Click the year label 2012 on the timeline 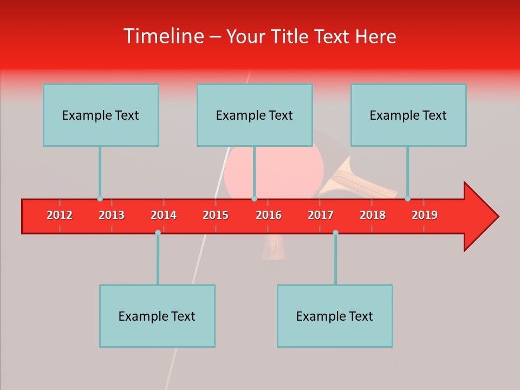[60, 215]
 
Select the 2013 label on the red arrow [112, 215]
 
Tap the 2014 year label [164, 215]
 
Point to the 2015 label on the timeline [216, 215]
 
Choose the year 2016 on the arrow [269, 215]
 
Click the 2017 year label [321, 215]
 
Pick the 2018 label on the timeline [373, 215]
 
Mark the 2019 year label [425, 215]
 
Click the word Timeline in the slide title [162, 36]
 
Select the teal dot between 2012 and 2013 [100, 199]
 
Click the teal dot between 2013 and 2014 [158, 232]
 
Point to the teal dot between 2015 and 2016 [254, 199]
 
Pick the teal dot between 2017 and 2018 [335, 232]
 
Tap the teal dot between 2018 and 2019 [407, 199]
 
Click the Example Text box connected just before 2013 [101, 115]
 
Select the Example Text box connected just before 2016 [255, 115]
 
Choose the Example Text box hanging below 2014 [157, 316]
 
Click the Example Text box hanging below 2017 [335, 316]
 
